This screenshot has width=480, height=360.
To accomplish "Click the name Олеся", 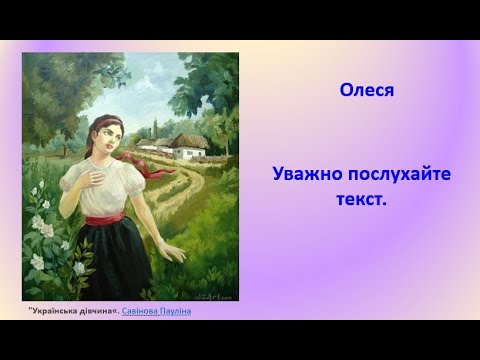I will click(367, 90).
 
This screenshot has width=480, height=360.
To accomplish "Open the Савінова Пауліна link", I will click(156, 311).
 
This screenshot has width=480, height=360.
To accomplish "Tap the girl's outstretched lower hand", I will click(171, 251).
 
